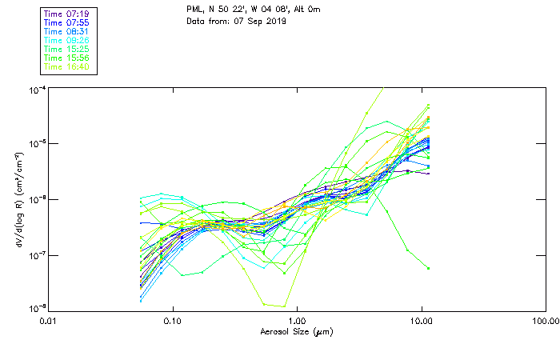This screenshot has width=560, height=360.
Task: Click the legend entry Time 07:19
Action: (67, 14)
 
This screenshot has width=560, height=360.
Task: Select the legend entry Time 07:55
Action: (67, 23)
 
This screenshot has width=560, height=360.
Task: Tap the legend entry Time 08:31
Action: (67, 32)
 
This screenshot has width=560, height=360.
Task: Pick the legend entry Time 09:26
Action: (67, 41)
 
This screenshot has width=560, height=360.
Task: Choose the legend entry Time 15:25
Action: (67, 50)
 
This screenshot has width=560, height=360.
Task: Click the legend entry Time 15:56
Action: (67, 58)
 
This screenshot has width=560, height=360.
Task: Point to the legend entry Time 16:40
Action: (67, 67)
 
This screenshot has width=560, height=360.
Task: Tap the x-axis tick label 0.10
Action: (172, 320)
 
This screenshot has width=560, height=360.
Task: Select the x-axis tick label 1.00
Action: (297, 320)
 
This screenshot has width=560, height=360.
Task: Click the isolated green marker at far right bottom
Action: (429, 268)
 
